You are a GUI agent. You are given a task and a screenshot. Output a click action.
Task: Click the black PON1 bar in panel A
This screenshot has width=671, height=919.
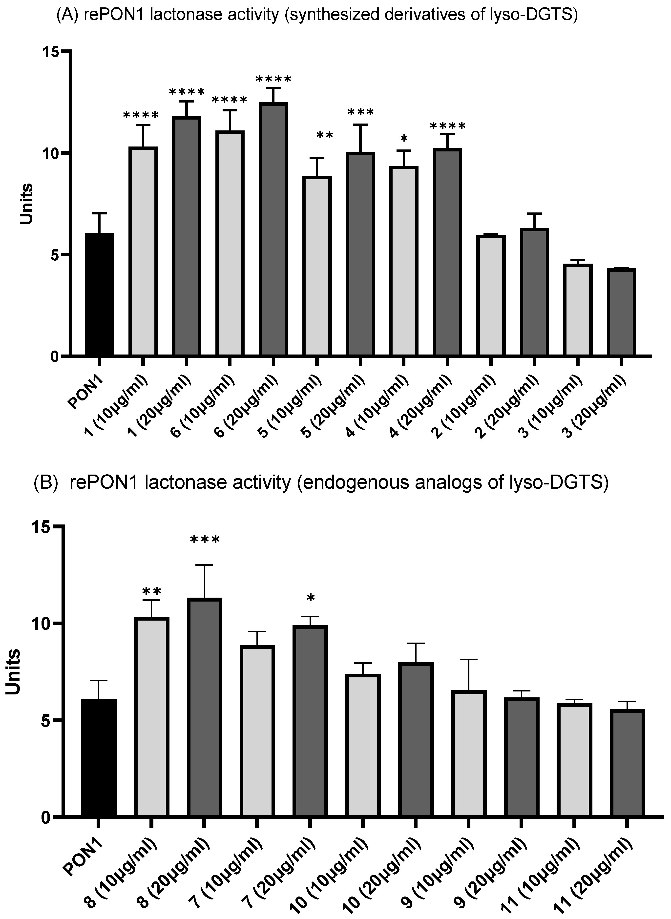(99, 294)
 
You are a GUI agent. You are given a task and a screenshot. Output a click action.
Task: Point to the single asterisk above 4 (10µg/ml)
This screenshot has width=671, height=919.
(403, 140)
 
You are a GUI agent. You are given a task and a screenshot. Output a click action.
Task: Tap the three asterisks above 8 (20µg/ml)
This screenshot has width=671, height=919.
(205, 540)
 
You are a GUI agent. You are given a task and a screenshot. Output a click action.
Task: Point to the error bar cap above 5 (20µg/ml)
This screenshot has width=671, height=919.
(360, 125)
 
